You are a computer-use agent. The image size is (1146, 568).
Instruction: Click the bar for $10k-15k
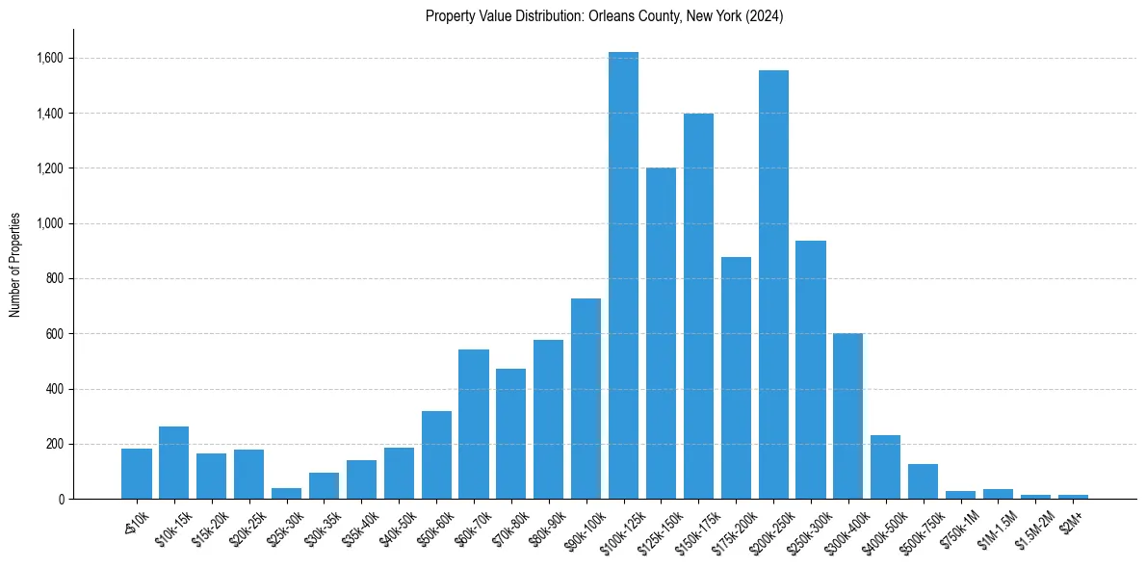click(173, 463)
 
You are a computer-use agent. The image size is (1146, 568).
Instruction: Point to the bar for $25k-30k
click(286, 493)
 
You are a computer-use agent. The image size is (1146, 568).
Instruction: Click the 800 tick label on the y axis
click(55, 279)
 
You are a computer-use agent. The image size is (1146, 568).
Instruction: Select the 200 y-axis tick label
click(55, 445)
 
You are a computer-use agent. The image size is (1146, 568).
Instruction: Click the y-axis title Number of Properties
click(15, 265)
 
